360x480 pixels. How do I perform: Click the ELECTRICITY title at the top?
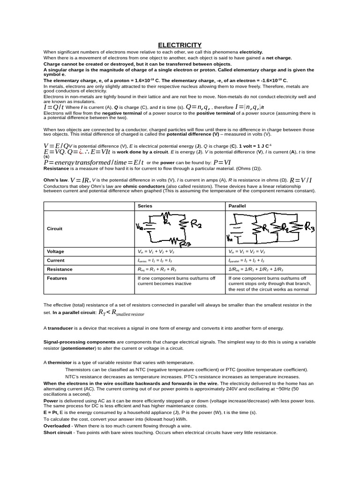pos(180,45)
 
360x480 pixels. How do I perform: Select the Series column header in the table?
pos(145,206)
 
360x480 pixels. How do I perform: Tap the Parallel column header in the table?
pos(237,206)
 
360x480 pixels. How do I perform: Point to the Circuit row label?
pos(55,229)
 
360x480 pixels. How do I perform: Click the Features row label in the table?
pos(57,278)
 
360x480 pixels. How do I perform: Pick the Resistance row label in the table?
pos(60,269)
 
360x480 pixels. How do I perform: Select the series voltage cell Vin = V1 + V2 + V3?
pos(155,251)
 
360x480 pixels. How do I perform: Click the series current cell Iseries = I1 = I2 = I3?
pos(155,260)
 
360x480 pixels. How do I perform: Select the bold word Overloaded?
pos(57,426)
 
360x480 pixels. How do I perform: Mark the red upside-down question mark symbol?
pos(81,151)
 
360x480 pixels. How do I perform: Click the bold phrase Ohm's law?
pos(55,180)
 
